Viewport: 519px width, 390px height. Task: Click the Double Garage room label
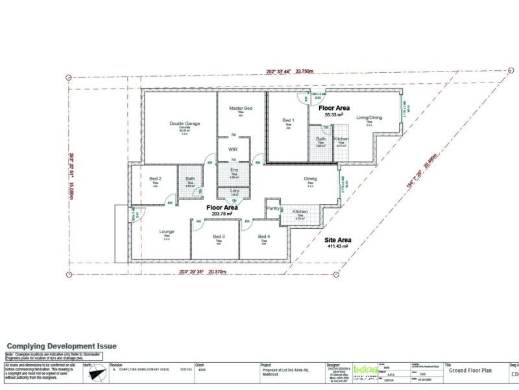(185, 123)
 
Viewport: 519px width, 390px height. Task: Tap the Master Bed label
(241, 107)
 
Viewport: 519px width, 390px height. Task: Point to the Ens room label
(235, 170)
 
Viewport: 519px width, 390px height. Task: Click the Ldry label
(235, 190)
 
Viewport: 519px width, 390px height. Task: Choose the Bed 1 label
(289, 120)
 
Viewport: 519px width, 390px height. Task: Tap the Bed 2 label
(155, 179)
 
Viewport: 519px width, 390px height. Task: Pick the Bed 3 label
(219, 237)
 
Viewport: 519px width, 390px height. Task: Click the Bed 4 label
(263, 237)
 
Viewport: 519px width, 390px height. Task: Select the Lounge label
(167, 231)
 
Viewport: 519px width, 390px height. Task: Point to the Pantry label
(274, 209)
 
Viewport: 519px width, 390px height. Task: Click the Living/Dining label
(369, 118)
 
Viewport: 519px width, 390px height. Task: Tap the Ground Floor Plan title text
(471, 370)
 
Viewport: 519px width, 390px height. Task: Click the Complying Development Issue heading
(62, 346)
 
